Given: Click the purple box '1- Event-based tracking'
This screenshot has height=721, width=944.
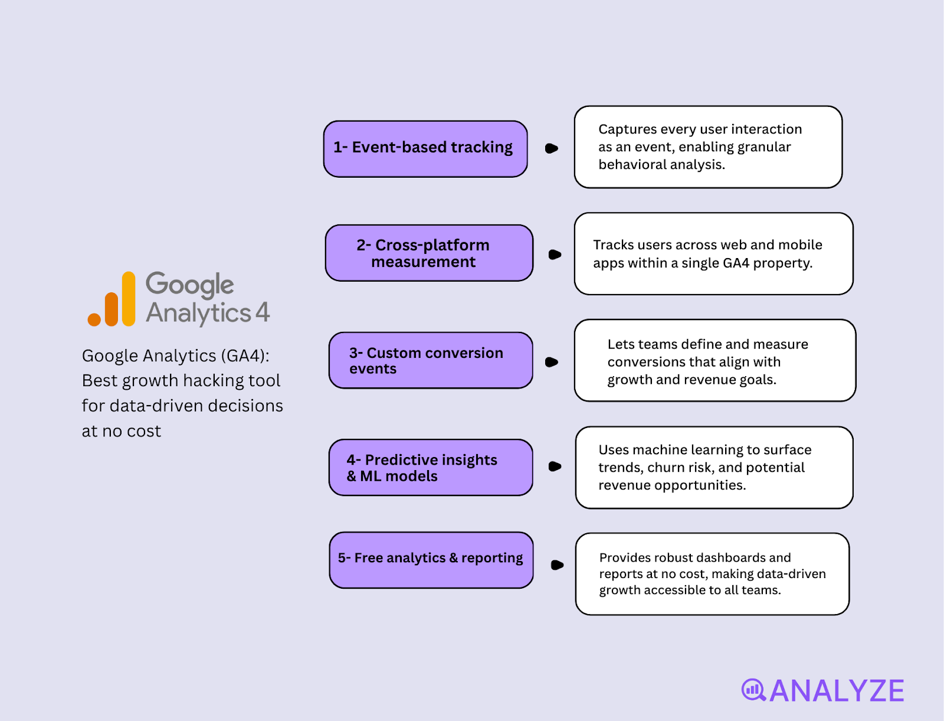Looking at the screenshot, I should pyautogui.click(x=425, y=148).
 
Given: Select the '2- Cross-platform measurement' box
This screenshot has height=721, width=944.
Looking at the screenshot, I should pyautogui.click(x=429, y=253).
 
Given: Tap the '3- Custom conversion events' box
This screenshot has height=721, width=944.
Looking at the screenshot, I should pyautogui.click(x=431, y=360).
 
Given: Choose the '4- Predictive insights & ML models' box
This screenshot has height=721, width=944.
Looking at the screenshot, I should pyautogui.click(x=431, y=467).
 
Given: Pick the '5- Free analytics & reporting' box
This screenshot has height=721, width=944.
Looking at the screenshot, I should pyautogui.click(x=431, y=560).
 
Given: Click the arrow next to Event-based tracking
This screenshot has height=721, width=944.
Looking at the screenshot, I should pyautogui.click(x=552, y=148).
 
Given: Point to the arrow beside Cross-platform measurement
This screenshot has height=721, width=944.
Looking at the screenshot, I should pyautogui.click(x=555, y=255).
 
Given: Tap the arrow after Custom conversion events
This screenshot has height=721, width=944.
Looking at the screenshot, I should pyautogui.click(x=552, y=362).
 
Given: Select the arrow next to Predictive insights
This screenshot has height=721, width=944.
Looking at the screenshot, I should pyautogui.click(x=555, y=466).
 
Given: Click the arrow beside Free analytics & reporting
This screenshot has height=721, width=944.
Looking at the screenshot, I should pyautogui.click(x=557, y=565).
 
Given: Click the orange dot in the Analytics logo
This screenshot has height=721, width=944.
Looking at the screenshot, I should pyautogui.click(x=94, y=319).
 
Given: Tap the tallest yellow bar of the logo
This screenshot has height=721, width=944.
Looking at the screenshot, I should pyautogui.click(x=129, y=298).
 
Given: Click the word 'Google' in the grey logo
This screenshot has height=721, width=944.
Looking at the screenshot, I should pyautogui.click(x=190, y=285).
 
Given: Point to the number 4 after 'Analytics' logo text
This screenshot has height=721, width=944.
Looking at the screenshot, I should pyautogui.click(x=263, y=312).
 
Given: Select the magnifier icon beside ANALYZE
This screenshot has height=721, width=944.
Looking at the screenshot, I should pyautogui.click(x=753, y=689).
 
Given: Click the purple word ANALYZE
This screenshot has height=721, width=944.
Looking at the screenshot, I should pyautogui.click(x=837, y=691).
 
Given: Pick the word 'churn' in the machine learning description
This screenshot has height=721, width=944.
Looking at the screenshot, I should pyautogui.click(x=671, y=468).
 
